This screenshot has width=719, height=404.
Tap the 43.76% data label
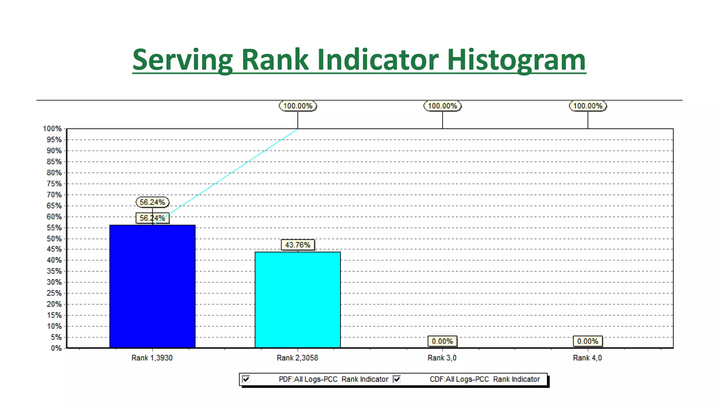pyautogui.click(x=298, y=245)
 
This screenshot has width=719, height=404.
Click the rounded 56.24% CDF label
pyautogui.click(x=152, y=202)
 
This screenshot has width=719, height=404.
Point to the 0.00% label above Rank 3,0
pyautogui.click(x=442, y=341)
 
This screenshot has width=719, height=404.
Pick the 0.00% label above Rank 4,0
pyautogui.click(x=588, y=341)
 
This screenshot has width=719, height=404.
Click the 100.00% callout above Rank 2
pyautogui.click(x=298, y=106)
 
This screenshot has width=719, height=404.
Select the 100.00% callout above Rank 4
pyautogui.click(x=588, y=106)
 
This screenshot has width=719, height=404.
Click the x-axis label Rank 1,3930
pyautogui.click(x=152, y=358)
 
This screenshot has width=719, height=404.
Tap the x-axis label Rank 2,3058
pyautogui.click(x=297, y=358)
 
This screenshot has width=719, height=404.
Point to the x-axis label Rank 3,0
pyautogui.click(x=442, y=358)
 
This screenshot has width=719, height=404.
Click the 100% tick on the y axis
pyautogui.click(x=52, y=129)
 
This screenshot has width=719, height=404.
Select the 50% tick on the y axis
pyautogui.click(x=54, y=238)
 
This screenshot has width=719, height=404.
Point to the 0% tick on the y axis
pyautogui.click(x=56, y=348)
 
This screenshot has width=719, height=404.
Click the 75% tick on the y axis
pyautogui.click(x=54, y=184)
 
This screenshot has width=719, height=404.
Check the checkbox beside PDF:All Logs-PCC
pyautogui.click(x=246, y=379)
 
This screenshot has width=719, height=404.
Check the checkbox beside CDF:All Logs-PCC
pyautogui.click(x=397, y=379)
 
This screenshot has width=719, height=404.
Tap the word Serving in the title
pyautogui.click(x=183, y=60)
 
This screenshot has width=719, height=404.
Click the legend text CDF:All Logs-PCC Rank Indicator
pyautogui.click(x=484, y=379)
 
